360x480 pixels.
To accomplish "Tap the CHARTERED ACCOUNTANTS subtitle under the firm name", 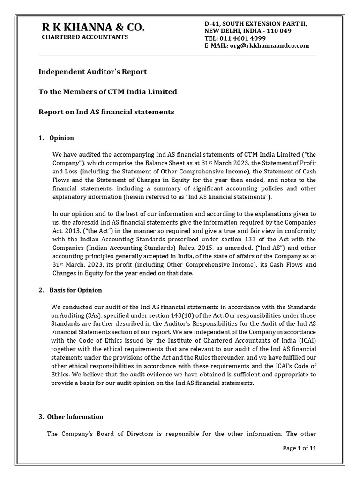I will pos(85,37).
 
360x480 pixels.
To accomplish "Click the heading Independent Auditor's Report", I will pos(92,72).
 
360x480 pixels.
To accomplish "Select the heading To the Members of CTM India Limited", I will pos(107,92).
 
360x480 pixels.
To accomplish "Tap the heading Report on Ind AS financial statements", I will pos(106,112).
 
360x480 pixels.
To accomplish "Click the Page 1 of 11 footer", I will pos(300,448).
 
